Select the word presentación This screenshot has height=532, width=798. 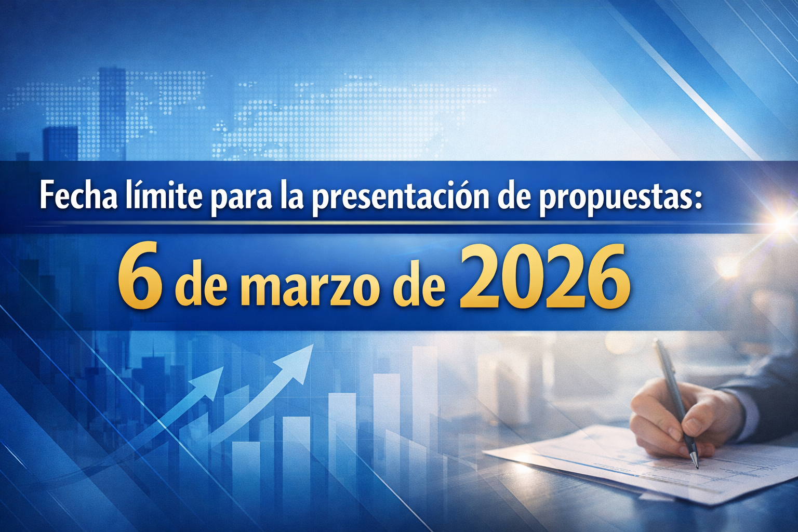point(401,199)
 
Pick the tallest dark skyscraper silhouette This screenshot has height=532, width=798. point(112,113)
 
